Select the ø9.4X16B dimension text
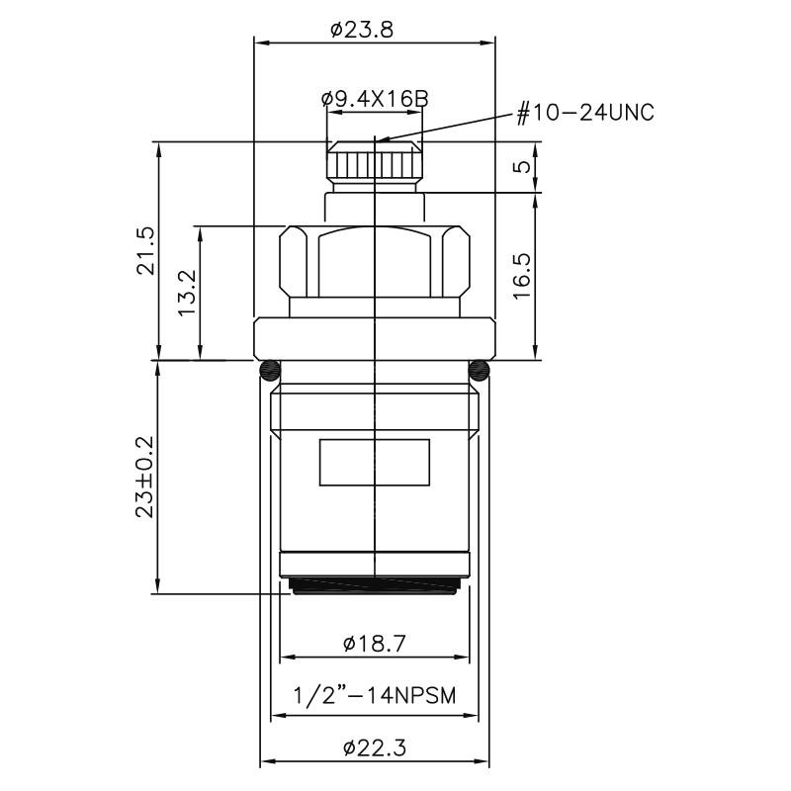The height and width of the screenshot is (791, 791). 374,99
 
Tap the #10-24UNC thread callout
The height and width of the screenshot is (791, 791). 585,112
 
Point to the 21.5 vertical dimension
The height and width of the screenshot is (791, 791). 144,251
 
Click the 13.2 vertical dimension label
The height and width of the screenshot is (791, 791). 186,293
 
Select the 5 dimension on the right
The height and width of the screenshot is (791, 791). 522,166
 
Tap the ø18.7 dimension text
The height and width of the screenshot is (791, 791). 374,644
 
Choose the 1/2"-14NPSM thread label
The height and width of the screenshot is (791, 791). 374,695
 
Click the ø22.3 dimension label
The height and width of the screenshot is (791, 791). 374,748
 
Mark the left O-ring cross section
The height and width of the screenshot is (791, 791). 269,372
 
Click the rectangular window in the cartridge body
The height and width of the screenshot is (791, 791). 374,463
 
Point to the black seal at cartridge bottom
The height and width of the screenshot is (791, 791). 374,587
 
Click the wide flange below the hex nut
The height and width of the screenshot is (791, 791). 374,338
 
